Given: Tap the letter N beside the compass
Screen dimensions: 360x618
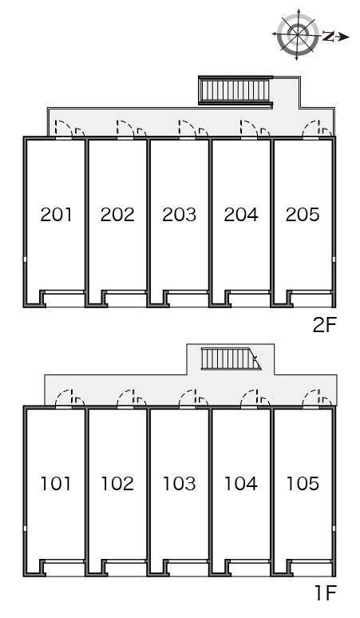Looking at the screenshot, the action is pos(328,36).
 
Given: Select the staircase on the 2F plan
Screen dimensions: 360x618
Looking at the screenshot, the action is pos(235,91).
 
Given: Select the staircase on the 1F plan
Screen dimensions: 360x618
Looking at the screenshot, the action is pos(231,359).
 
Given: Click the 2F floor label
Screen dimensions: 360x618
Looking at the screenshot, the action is pos(324,325).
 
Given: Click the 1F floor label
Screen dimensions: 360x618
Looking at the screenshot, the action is pos(326,593).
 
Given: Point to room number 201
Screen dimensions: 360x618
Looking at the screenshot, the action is pos(57,215).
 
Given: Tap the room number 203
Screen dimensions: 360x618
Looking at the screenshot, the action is pos(180,215).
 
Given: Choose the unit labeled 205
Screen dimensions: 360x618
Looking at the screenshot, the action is pos(303,215).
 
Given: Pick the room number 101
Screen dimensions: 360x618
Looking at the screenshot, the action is pos(56,484).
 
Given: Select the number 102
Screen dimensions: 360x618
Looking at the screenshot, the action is pos(117,484).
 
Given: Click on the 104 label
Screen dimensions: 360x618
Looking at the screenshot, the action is pos(241,484).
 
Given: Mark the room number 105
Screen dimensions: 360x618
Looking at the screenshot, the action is pos(303,484).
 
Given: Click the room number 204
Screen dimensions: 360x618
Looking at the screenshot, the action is pos(241,215).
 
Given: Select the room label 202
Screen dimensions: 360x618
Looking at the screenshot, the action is pos(117,215).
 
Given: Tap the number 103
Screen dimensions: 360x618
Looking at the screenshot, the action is pos(180,484).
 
